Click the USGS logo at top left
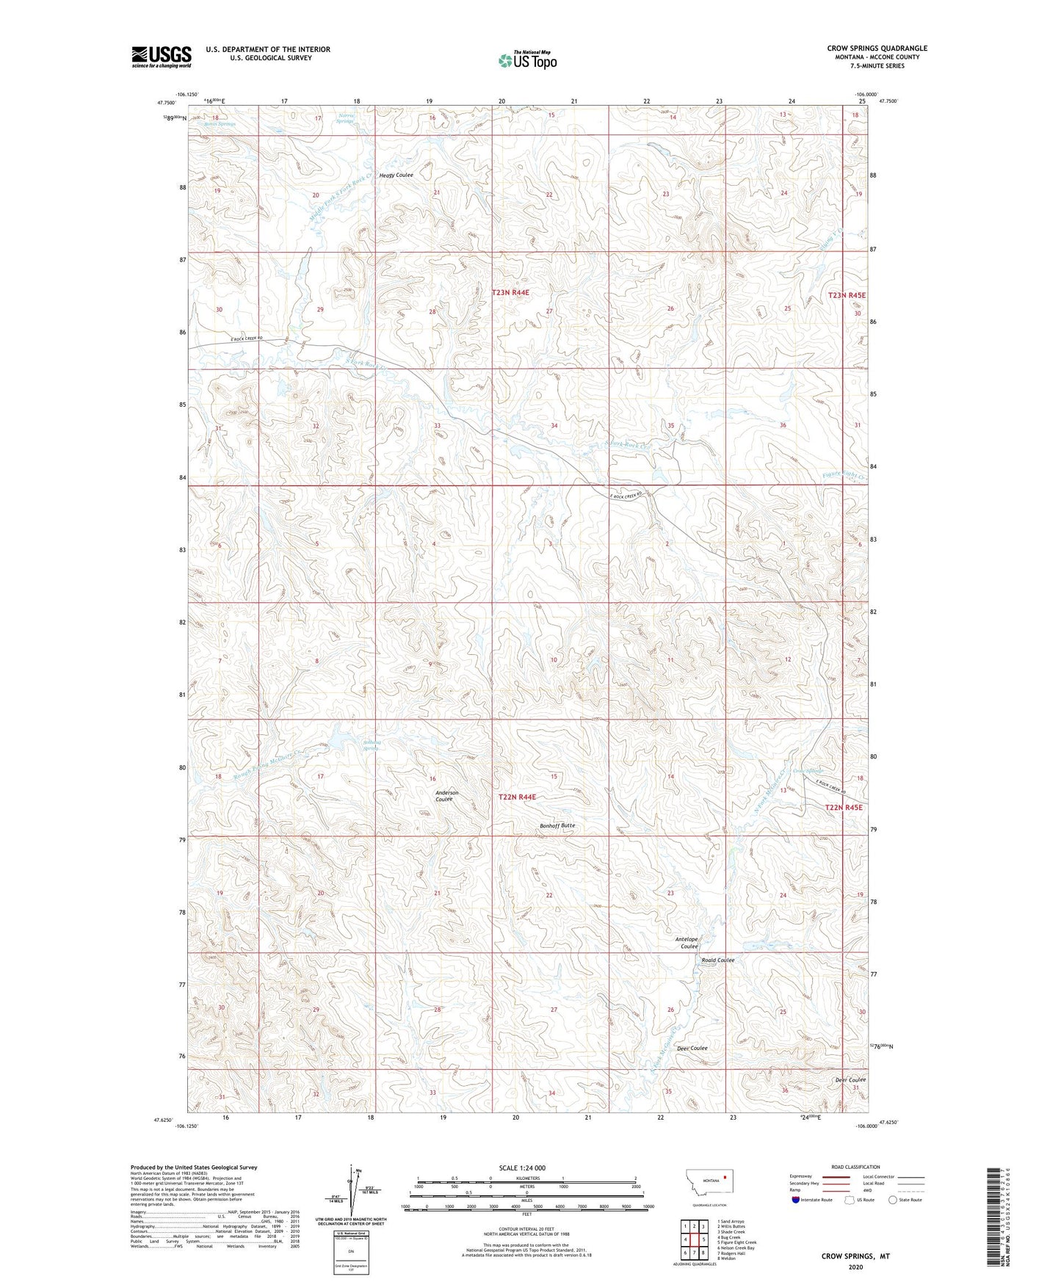[x=162, y=57]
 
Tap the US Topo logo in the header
[x=527, y=60]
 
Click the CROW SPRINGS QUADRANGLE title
[x=877, y=48]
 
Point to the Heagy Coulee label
[x=396, y=175]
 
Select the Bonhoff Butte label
[x=557, y=825]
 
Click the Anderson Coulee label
[x=446, y=796]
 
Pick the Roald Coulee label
[x=717, y=960]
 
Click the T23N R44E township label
[x=510, y=292]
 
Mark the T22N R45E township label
[x=844, y=807]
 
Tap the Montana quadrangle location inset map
[x=709, y=1184]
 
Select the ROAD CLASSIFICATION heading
[x=855, y=1167]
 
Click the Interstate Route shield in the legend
[x=796, y=1200]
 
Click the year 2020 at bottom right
[x=855, y=1267]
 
